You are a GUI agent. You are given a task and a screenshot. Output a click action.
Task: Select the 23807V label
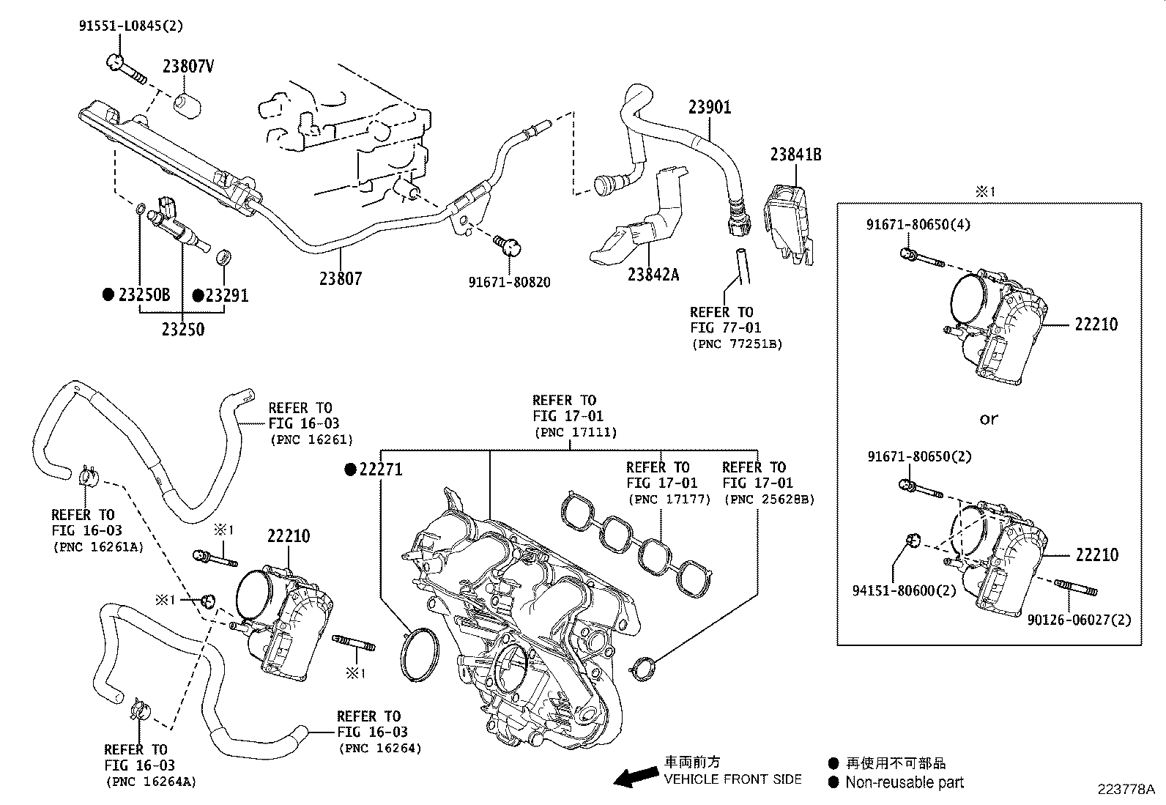click(188, 67)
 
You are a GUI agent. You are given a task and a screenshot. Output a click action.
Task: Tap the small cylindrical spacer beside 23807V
click(187, 104)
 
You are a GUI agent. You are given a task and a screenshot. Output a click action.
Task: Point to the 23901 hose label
click(709, 108)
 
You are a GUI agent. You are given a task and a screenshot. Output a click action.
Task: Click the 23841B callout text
click(795, 155)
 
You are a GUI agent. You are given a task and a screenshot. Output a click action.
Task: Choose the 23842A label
click(653, 275)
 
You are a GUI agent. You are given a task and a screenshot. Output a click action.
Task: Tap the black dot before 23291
click(198, 295)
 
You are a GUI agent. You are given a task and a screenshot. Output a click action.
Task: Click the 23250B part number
click(144, 295)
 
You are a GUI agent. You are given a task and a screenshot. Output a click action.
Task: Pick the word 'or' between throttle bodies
click(988, 420)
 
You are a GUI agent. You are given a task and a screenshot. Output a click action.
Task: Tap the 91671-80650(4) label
click(918, 224)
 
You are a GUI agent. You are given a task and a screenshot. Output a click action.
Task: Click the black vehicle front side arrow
click(634, 776)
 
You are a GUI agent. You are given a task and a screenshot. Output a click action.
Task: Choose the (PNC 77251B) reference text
click(736, 344)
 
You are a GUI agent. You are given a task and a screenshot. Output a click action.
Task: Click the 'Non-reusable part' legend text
click(905, 782)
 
